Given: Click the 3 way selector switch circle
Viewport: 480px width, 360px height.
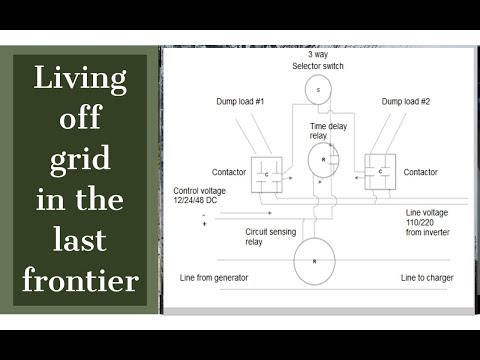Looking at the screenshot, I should pos(318,90).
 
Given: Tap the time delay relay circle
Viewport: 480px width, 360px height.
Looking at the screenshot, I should pos(322,158).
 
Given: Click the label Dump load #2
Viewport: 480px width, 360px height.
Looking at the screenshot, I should pos(407,103).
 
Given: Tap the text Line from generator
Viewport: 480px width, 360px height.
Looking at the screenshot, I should pos(213,276).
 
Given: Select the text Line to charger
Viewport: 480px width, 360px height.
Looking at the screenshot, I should pos(428,276).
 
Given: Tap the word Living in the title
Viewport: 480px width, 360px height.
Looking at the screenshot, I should pos(80,76).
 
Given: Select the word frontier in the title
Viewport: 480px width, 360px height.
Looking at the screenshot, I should pos(80,280).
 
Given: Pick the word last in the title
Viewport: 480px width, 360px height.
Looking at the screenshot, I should pos(80,239).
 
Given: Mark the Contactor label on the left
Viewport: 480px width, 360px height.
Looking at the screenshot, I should pos(230,172).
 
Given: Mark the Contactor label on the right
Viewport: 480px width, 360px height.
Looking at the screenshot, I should pos(420,172).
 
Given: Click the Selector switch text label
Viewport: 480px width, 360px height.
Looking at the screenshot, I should pos(317,66).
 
